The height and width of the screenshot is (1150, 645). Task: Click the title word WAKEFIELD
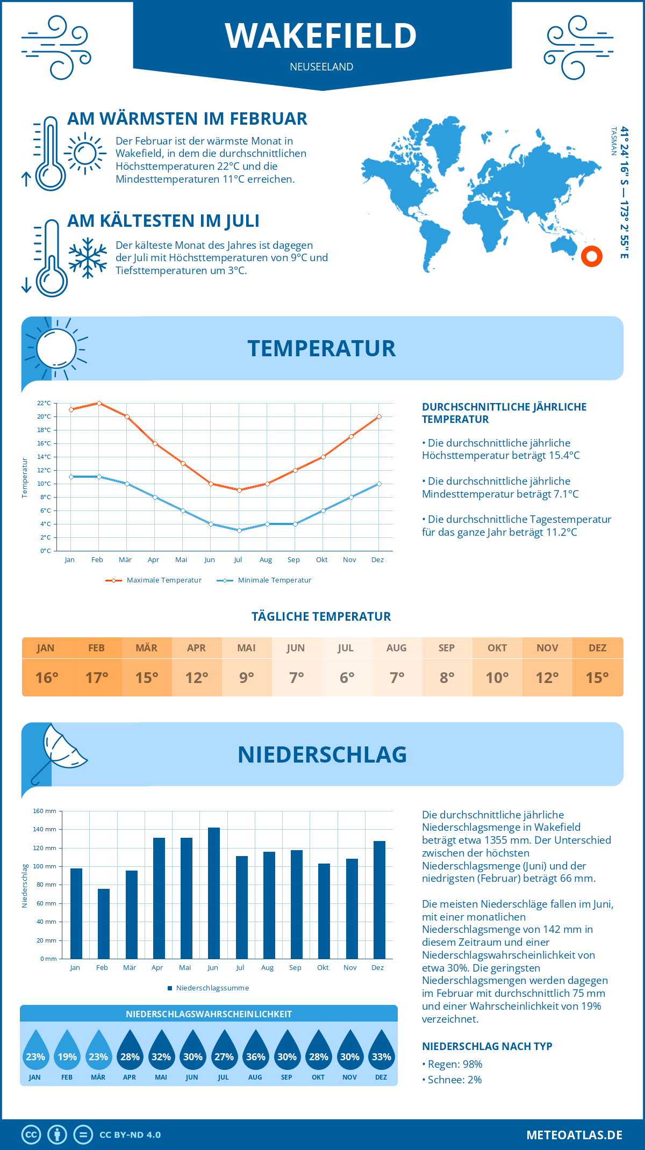pos(321,36)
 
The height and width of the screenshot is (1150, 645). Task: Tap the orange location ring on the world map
pos(592,256)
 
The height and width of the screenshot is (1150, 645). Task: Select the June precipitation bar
pos(214,893)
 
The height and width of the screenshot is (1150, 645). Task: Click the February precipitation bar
pos(104,924)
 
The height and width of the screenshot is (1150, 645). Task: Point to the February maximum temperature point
pos(99,403)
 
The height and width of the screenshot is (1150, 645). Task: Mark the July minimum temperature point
pos(239,530)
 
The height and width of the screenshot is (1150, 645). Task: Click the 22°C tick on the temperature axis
pos(44,403)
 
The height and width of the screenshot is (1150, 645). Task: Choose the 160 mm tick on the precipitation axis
pos(45,811)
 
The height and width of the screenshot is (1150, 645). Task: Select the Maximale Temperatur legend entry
pos(154,580)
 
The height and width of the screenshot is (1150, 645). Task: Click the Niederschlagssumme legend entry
pos(208,988)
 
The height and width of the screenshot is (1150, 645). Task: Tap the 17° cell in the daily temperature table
pos(97,678)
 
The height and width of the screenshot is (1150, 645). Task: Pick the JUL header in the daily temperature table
pos(346,648)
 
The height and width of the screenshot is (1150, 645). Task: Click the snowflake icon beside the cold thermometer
pos(88,258)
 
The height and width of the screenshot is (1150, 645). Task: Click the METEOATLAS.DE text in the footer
pos(574,1135)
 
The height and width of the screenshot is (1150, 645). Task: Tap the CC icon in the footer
pos(31,1135)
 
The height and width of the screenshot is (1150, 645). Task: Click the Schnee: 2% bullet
pos(452,1080)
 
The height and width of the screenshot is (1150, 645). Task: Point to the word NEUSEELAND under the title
pos(321,67)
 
